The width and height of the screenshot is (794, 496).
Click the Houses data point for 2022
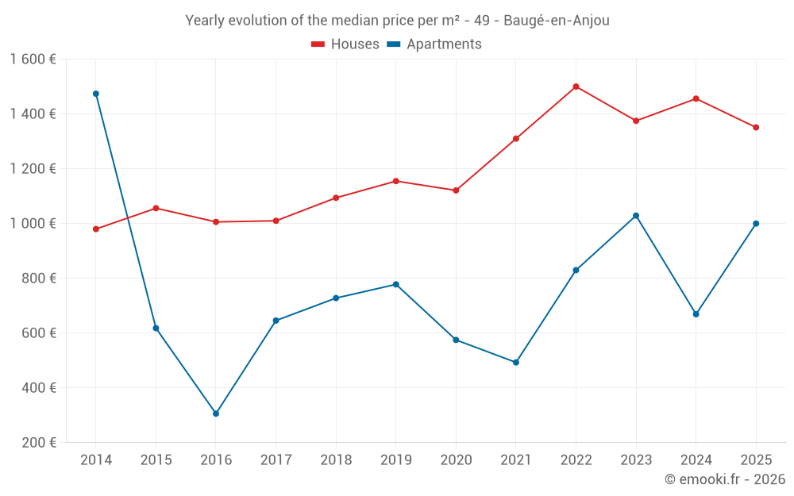click(x=576, y=87)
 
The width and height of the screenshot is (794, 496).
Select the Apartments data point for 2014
click(x=96, y=94)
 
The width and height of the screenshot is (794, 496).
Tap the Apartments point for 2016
click(x=216, y=413)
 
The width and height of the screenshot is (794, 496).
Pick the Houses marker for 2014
click(x=96, y=229)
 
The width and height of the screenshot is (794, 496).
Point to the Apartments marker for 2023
click(x=636, y=216)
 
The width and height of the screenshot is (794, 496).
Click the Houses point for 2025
click(x=756, y=127)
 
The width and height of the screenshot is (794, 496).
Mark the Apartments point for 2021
click(x=516, y=363)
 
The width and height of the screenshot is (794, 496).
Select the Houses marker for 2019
click(x=396, y=181)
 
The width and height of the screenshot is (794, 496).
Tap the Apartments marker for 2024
click(x=696, y=314)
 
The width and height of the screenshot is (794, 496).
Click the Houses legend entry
click(x=345, y=44)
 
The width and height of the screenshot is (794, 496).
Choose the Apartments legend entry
click(x=434, y=44)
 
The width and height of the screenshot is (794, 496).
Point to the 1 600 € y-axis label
click(x=33, y=60)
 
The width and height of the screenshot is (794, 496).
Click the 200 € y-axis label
click(x=38, y=443)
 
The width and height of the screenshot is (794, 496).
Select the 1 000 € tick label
click(x=33, y=224)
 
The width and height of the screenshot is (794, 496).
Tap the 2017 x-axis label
click(x=276, y=460)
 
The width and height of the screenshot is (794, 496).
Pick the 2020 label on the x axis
click(x=456, y=460)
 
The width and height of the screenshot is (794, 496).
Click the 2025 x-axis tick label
click(x=756, y=460)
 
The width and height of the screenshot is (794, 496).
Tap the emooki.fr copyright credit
click(x=725, y=479)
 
